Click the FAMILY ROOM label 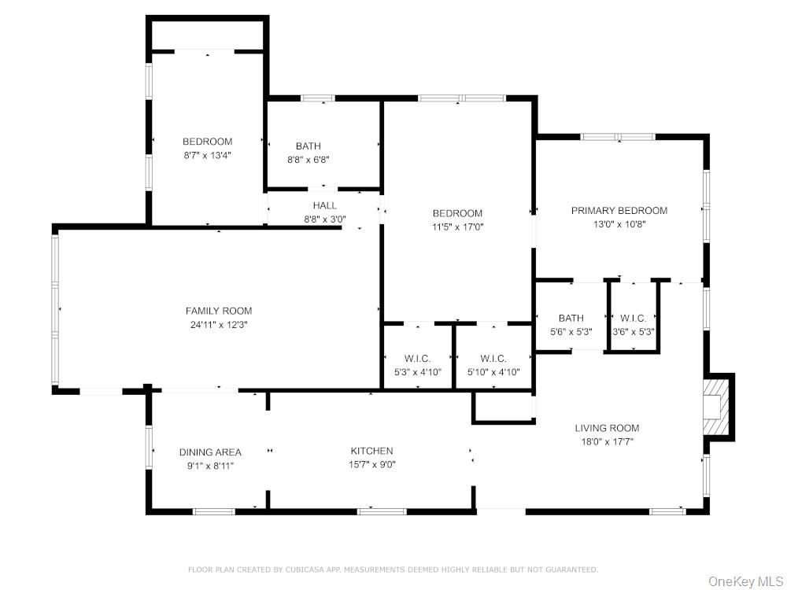tap(219, 311)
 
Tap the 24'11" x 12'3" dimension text tap(219, 324)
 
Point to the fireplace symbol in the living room tap(717, 407)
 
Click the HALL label tap(324, 205)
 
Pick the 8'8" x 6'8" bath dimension tap(308, 159)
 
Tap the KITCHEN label tap(371, 451)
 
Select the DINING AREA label tap(210, 452)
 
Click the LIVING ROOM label tap(607, 428)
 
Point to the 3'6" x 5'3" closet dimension tap(633, 331)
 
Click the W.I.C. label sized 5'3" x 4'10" tap(417, 359)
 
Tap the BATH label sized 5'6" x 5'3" tap(571, 319)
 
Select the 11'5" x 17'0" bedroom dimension tap(457, 227)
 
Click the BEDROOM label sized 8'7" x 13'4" tap(207, 142)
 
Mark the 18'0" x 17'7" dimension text tap(607, 441)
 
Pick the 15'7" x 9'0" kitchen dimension tap(371, 464)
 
